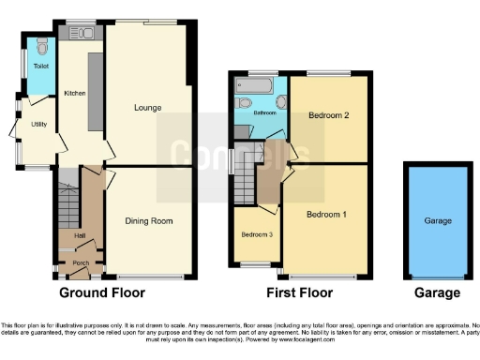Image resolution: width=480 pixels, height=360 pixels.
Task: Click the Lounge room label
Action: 148,108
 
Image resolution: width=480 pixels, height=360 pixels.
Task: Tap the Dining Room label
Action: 149,221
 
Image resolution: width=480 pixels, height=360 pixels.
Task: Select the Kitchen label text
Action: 74,93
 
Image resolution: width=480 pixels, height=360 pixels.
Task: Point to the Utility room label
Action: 38,124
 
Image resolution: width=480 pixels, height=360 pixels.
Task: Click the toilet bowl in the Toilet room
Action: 40,46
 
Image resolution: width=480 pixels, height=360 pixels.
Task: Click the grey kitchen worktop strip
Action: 95,91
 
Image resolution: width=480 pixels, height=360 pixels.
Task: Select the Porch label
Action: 81,263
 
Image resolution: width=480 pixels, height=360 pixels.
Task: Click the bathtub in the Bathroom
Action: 259,85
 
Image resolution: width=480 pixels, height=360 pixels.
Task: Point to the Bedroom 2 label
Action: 328,115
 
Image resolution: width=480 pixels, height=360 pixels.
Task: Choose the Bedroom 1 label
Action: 327,215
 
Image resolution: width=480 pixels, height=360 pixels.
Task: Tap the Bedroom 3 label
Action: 257,234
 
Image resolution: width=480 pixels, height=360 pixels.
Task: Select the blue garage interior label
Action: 438,221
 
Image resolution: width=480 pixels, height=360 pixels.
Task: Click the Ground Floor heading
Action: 103,292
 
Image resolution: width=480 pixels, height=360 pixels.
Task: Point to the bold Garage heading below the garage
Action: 438,292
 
